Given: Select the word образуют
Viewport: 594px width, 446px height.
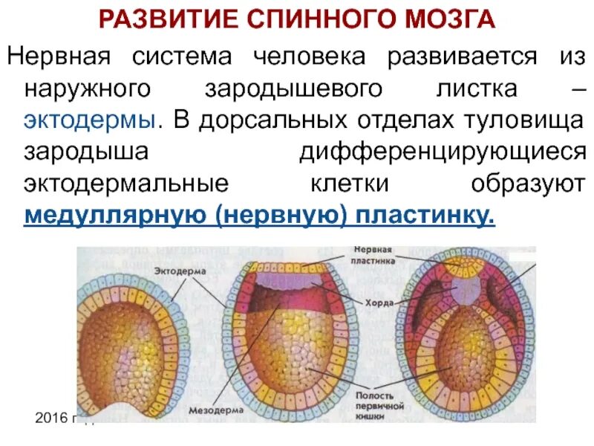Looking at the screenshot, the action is [x=529, y=184].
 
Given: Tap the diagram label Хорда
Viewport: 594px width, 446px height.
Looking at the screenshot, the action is [x=369, y=303].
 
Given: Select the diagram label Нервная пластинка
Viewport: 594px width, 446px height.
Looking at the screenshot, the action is [x=373, y=255].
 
